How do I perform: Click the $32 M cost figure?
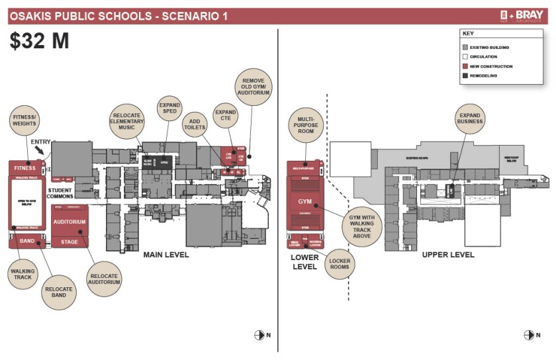pos(39,41)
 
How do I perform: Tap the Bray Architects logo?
pos(523,16)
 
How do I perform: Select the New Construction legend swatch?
pos(465,66)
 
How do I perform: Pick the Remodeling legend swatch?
pos(465,75)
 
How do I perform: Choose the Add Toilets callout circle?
pos(195,123)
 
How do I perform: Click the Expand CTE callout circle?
pos(226,114)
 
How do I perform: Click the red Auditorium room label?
pos(69,222)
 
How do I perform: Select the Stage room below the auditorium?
pos(69,242)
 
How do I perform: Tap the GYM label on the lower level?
pos(304,201)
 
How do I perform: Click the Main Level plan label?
pos(166,255)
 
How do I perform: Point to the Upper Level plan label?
pos(448,255)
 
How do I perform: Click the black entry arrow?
pos(42,151)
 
